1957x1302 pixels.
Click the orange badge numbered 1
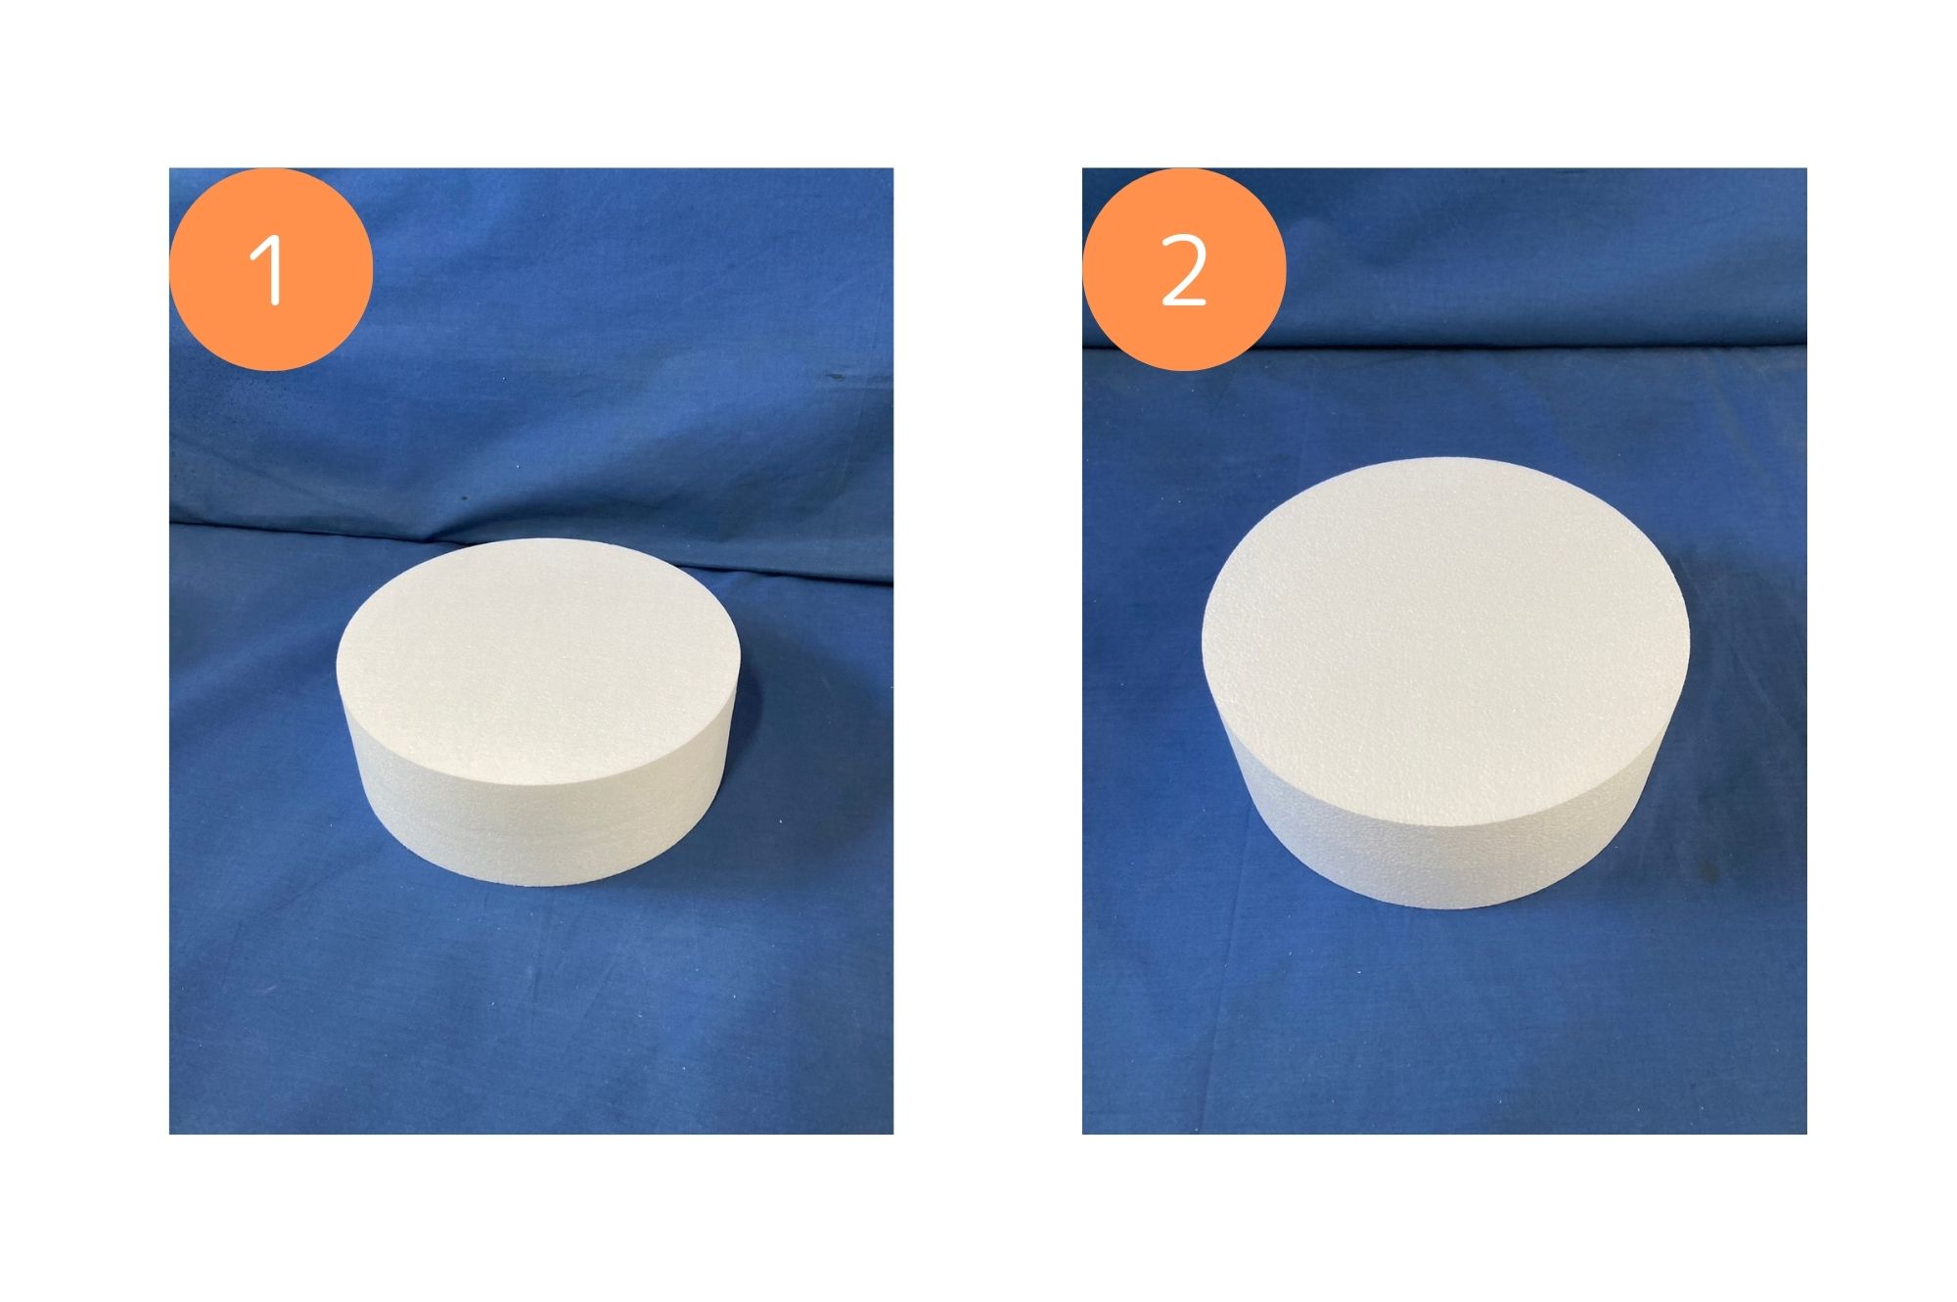click(x=271, y=269)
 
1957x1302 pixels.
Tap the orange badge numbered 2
click(x=1184, y=269)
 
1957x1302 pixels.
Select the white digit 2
click(x=1184, y=272)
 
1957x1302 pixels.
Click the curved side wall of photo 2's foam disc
click(x=1448, y=861)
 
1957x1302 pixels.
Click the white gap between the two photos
click(x=987, y=651)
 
